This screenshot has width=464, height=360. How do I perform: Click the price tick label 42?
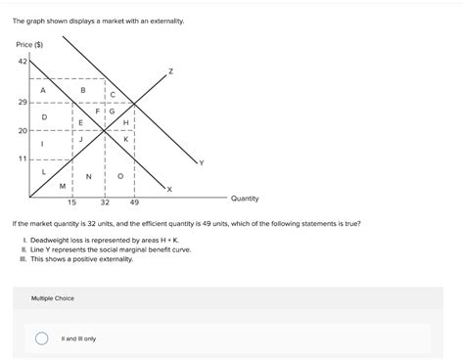coord(22,61)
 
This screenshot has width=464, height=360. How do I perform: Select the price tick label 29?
coord(22,102)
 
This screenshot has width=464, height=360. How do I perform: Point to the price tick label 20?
coord(22,130)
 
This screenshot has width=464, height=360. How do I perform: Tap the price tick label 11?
coord(22,157)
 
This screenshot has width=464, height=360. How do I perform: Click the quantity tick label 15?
coord(71,202)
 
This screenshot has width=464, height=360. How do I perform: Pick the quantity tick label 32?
coord(105,202)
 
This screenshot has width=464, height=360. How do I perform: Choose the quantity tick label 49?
coord(134,202)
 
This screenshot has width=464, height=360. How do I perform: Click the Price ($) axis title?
coord(29,45)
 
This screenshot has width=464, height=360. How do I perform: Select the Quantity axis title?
coord(245,199)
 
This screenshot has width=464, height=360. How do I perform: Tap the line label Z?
coord(170,71)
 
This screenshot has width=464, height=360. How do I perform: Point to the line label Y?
coord(201,162)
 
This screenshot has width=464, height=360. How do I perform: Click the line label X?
coord(168,188)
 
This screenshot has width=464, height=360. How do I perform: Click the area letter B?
coord(83,89)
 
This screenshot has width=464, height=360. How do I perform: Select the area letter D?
coord(43,116)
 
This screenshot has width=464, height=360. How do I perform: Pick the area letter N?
coord(89,176)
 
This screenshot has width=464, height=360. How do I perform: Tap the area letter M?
coord(63,185)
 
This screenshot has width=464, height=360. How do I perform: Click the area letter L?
coord(43,171)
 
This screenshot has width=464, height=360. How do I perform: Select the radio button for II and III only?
coord(41,338)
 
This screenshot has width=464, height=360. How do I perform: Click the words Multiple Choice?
coord(53,297)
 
